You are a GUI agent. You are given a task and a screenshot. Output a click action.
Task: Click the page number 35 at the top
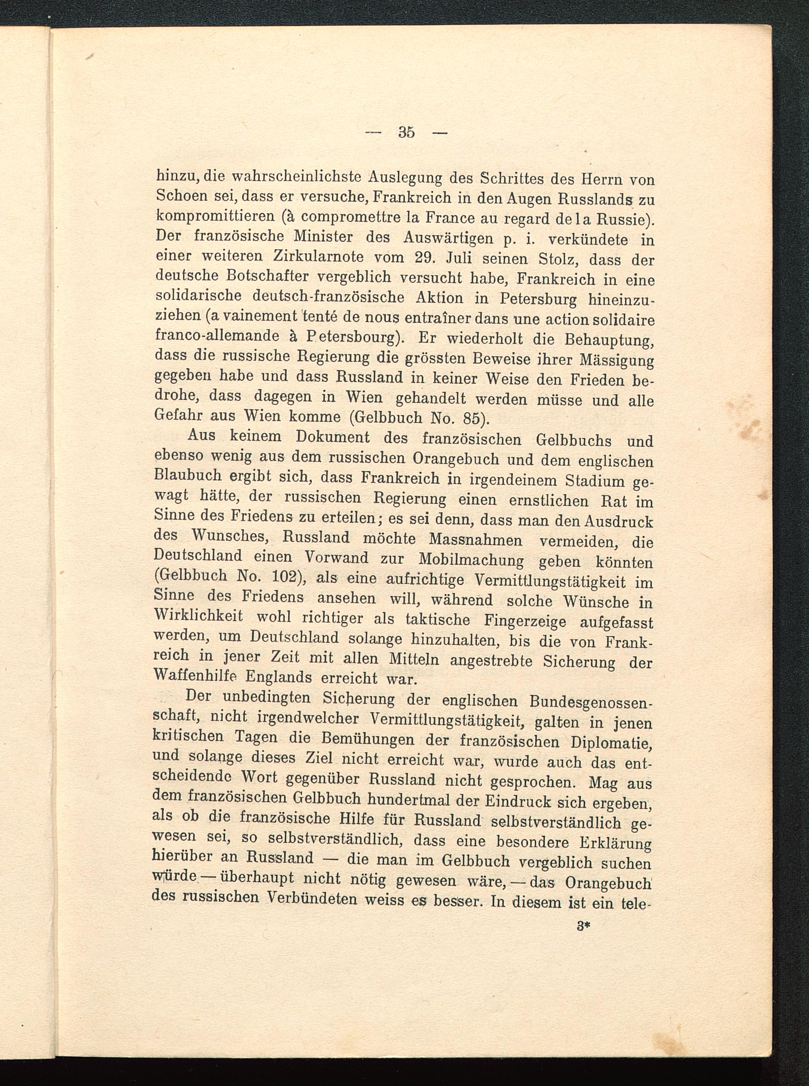[x=407, y=132]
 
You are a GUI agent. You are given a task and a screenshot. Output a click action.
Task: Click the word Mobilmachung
[x=471, y=560]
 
